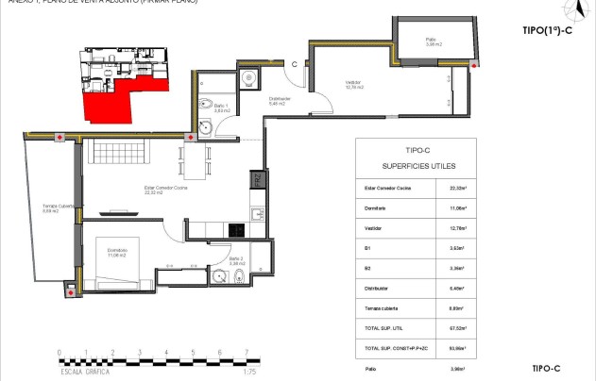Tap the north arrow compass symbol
click(573, 10)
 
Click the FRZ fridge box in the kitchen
click(256, 179)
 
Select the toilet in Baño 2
click(242, 275)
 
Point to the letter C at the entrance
click(295, 64)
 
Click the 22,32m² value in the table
click(456, 188)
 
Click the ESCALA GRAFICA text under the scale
click(85, 372)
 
